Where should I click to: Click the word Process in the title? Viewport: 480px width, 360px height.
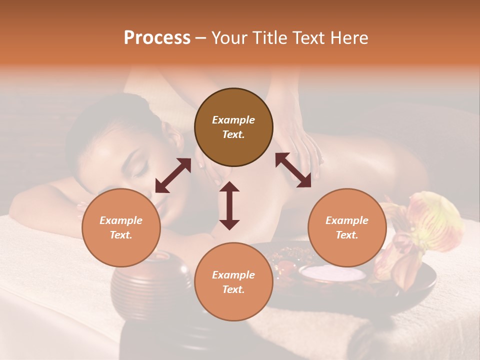(x=157, y=38)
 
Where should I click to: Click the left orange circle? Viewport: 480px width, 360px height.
(x=121, y=227)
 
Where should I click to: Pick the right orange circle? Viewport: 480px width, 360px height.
(x=347, y=227)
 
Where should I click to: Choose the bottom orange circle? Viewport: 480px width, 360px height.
(x=233, y=282)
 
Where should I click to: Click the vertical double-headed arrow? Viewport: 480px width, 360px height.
(x=229, y=205)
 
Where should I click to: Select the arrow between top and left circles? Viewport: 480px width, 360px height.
(x=173, y=175)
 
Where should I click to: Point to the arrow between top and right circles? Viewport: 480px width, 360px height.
(x=293, y=170)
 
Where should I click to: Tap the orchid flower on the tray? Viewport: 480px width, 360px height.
(x=425, y=225)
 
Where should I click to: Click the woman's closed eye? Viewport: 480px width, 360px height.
(x=138, y=170)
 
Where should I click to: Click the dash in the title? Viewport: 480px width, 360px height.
(x=200, y=38)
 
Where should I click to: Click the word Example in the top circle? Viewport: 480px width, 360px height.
(x=233, y=120)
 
